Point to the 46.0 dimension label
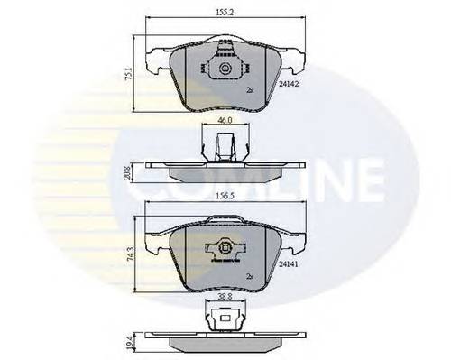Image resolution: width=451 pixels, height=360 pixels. [225, 119]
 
